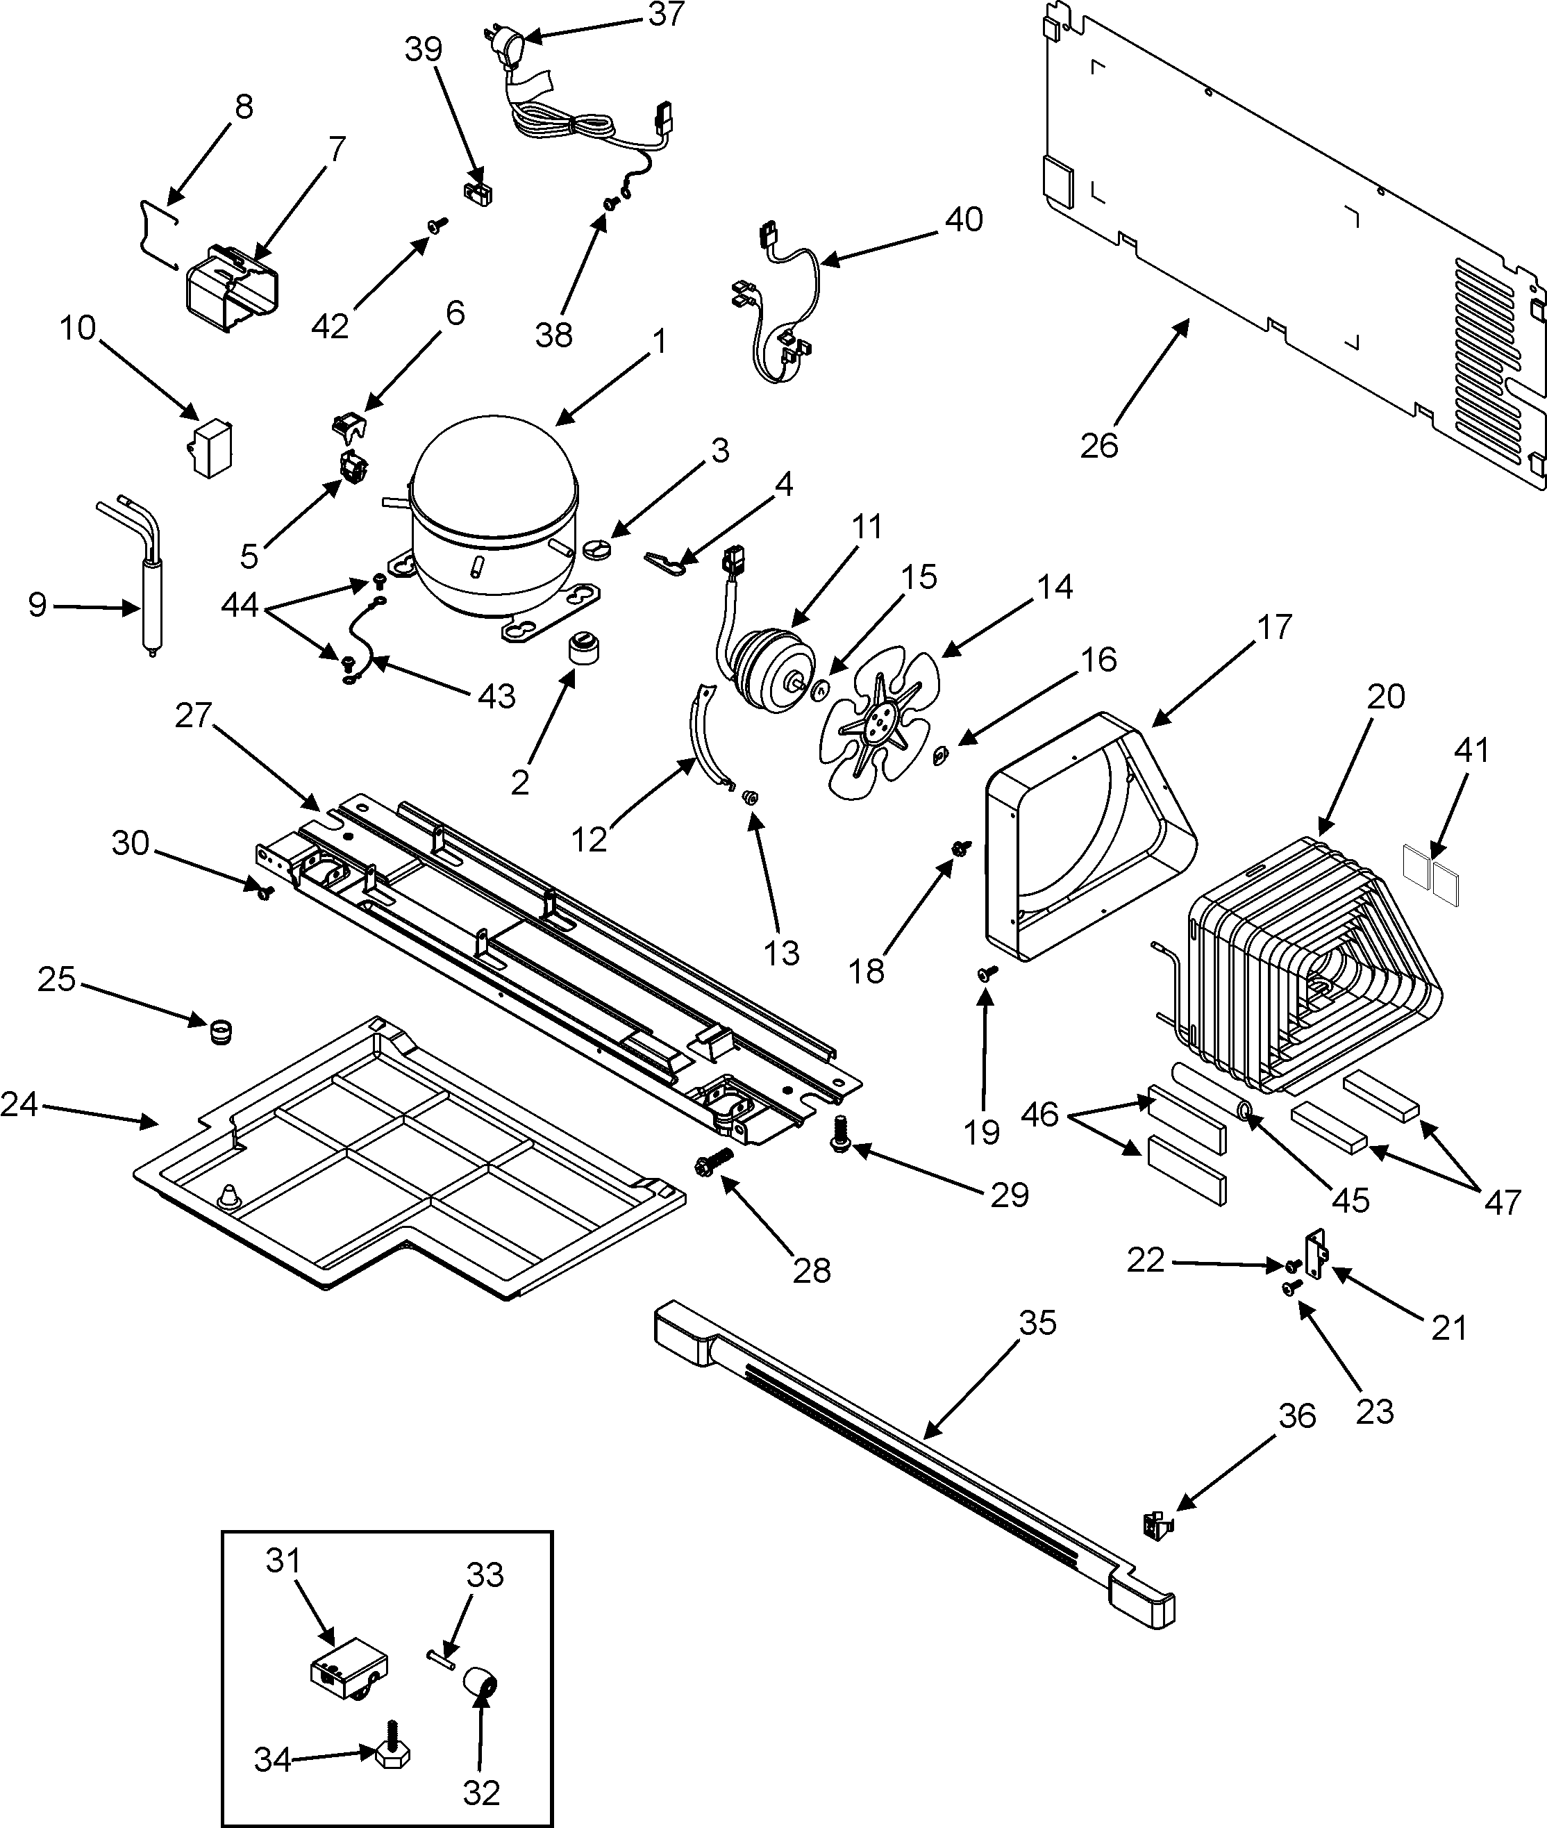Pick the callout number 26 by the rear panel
(x=1099, y=446)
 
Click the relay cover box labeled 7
(x=233, y=290)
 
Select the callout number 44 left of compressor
(x=240, y=605)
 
